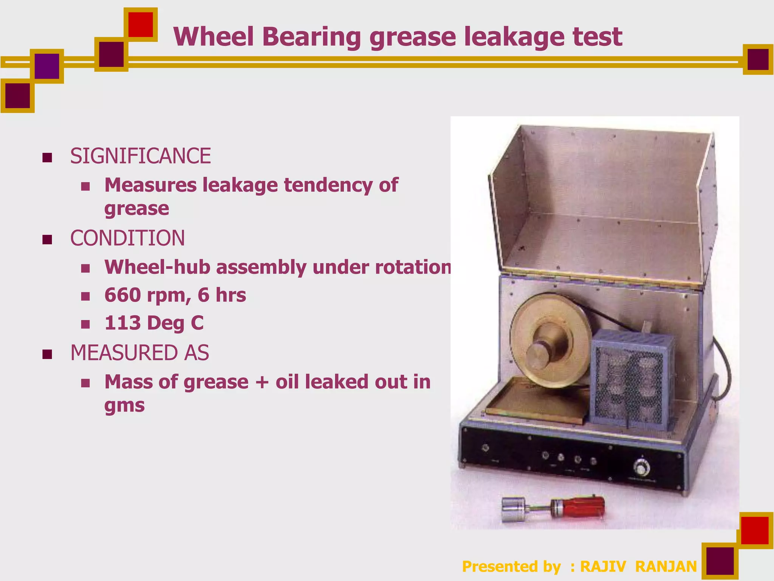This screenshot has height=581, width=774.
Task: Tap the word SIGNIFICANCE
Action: point(141,156)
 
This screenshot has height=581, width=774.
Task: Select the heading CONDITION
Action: point(128,238)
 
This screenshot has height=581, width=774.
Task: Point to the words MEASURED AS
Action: point(140,353)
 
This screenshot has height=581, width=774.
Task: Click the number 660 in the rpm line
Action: point(123,295)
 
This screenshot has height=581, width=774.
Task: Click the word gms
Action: point(125,405)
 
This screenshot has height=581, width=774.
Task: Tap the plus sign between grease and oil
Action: point(262,382)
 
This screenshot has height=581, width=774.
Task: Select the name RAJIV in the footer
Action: point(603,567)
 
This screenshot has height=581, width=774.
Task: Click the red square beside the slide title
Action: point(141,25)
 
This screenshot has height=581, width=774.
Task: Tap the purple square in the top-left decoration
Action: point(47,66)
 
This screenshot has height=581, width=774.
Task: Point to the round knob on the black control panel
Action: point(641,468)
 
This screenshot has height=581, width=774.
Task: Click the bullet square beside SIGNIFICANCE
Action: point(47,157)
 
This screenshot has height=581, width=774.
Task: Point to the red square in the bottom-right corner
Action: point(755,530)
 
